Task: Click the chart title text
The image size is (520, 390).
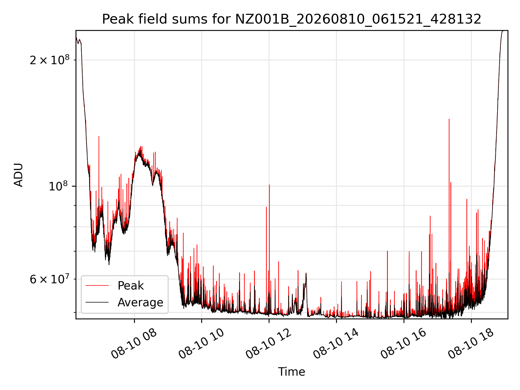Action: (292, 19)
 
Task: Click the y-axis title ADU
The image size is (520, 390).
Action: (19, 175)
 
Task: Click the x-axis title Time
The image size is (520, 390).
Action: (292, 372)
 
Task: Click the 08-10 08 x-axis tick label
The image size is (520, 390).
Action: (134, 344)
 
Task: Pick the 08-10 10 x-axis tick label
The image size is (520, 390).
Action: (201, 344)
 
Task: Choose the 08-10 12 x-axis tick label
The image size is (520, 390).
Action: (269, 344)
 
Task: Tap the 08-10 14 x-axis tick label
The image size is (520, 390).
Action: (336, 344)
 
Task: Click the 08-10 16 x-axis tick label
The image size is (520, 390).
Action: (404, 344)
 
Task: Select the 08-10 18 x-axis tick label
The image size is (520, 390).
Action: (471, 344)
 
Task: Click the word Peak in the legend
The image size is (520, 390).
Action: (131, 286)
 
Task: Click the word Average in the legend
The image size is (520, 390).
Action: (140, 303)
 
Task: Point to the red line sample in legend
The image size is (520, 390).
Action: (97, 285)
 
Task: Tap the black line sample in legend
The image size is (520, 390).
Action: (97, 302)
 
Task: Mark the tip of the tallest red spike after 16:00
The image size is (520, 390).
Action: (449, 119)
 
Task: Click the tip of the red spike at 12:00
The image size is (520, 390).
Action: (269, 185)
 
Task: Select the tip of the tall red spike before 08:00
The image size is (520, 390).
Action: (99, 136)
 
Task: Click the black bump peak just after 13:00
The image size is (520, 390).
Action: (306, 273)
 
